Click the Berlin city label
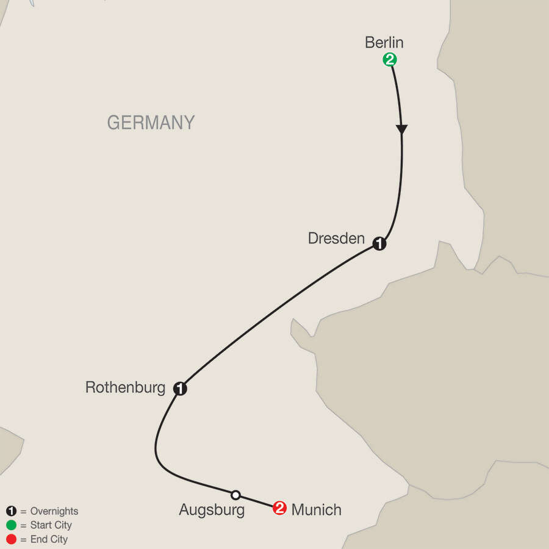(x=384, y=43)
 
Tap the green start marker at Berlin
(x=389, y=60)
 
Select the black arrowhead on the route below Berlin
(x=401, y=129)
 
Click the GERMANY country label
(x=151, y=123)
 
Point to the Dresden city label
(x=336, y=239)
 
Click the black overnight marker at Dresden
(x=379, y=244)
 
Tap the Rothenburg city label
(x=126, y=387)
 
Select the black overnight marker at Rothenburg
(x=180, y=388)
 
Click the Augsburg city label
(x=212, y=510)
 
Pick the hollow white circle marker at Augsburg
(x=235, y=495)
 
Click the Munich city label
(x=316, y=509)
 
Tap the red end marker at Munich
(x=279, y=508)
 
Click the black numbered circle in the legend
(x=11, y=512)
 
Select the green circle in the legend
(x=11, y=525)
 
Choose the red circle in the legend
(x=11, y=539)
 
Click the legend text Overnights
(x=54, y=512)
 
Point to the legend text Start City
(x=51, y=525)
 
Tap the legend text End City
(x=48, y=539)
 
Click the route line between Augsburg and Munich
(x=257, y=501)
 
